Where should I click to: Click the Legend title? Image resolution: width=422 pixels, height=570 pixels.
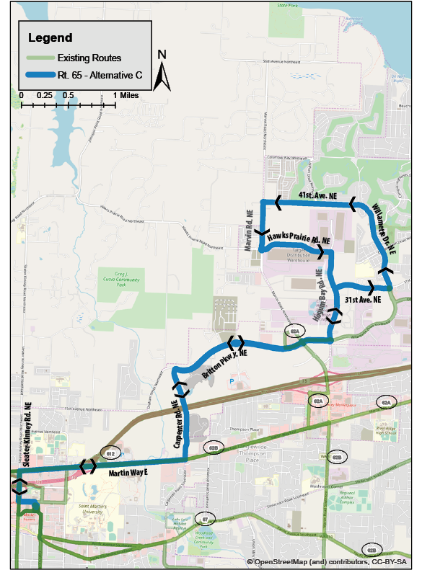tap(50, 37)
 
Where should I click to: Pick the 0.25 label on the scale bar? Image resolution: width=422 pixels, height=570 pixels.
tap(45, 95)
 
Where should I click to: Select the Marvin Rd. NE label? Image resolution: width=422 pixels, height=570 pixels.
tap(249, 223)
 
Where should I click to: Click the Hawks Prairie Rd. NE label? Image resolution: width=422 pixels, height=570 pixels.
tap(298, 238)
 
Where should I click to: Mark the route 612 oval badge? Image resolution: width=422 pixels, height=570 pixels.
tap(110, 453)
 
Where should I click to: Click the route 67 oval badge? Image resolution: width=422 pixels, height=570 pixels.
tap(206, 519)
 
